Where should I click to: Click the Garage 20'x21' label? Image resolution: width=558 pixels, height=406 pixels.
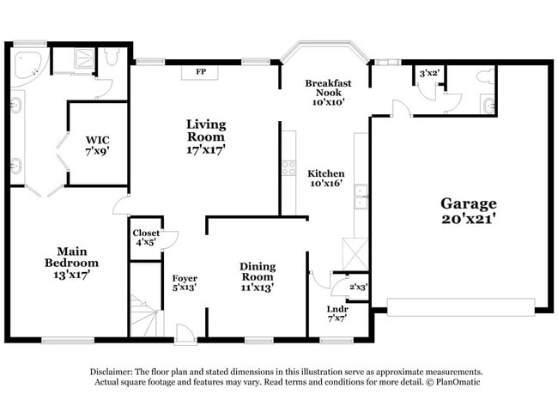coord(469,210)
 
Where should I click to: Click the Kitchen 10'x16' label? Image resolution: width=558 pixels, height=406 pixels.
coord(326,178)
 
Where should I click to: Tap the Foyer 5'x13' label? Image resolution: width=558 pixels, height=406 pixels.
coord(185,283)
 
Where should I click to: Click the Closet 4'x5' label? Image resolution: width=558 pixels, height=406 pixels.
coord(145,238)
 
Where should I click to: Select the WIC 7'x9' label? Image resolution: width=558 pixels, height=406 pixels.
coord(97,144)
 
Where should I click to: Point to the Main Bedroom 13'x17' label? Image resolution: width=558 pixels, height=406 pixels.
coord(72,268)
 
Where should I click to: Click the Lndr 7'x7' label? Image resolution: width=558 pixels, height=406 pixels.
coord(337,313)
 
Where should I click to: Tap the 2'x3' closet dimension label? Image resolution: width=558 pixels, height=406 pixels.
coord(358,287)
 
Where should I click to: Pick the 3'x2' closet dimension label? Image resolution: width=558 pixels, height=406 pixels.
coord(429,74)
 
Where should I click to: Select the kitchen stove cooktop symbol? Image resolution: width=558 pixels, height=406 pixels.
coord(288,167)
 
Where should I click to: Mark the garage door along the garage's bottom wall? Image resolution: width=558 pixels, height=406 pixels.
coord(461,304)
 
